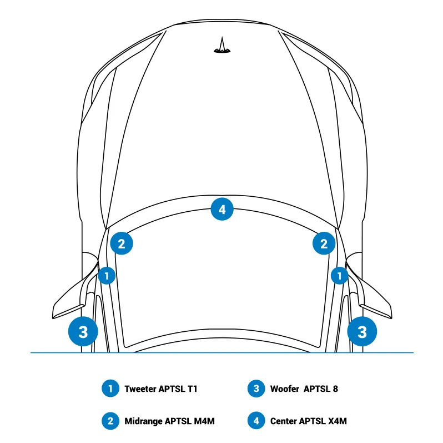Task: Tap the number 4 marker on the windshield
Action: (x=222, y=210)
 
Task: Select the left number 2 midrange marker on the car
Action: (x=122, y=243)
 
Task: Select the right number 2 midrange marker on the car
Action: (x=324, y=243)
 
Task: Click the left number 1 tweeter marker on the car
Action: (x=107, y=276)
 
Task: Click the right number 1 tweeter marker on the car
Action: (x=339, y=276)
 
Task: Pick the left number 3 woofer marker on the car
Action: (x=83, y=331)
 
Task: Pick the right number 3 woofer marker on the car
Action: (x=362, y=331)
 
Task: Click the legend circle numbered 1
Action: (x=110, y=389)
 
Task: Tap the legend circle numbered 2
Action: (x=110, y=421)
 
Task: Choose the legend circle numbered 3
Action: (x=256, y=389)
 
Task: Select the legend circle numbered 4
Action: (x=256, y=421)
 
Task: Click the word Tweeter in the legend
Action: (x=140, y=389)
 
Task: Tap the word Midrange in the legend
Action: (x=143, y=421)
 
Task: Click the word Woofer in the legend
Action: (x=284, y=389)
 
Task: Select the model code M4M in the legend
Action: (x=204, y=421)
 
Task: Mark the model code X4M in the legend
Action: (x=338, y=421)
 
